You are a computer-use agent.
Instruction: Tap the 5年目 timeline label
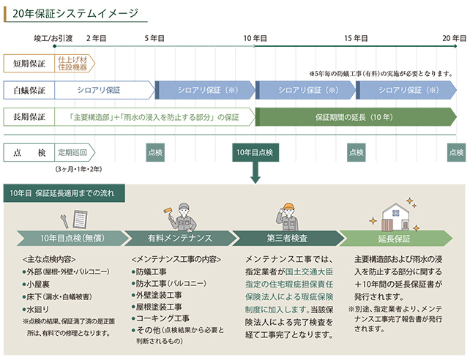click(x=154, y=37)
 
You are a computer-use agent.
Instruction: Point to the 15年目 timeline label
click(x=356, y=37)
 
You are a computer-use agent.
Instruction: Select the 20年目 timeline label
click(x=454, y=37)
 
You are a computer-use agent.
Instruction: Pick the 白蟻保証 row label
click(x=29, y=90)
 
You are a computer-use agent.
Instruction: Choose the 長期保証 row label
click(x=29, y=117)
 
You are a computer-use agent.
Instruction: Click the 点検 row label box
click(x=29, y=152)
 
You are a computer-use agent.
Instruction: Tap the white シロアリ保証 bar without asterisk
click(x=102, y=90)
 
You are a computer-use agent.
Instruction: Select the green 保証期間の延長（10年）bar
click(x=354, y=117)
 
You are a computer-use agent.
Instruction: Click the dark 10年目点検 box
click(x=255, y=152)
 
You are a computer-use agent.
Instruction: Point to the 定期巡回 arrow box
click(x=75, y=152)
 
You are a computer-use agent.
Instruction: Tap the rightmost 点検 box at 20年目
click(x=456, y=152)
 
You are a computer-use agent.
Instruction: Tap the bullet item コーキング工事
click(x=163, y=318)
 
